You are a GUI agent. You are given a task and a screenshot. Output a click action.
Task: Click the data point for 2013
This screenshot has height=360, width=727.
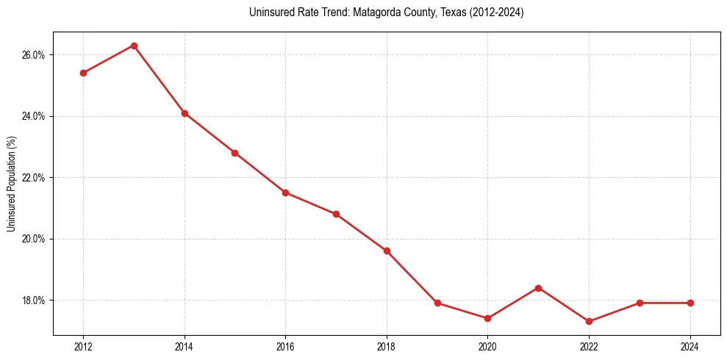coord(134,46)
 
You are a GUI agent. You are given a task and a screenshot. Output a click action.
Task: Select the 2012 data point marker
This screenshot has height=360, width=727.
coord(83,73)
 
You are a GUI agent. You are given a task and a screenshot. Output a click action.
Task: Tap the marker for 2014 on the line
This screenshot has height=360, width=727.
coord(185,113)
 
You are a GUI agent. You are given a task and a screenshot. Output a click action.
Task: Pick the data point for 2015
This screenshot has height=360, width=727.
coord(234,153)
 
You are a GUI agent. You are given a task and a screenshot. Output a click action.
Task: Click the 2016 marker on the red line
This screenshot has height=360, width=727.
coord(285,192)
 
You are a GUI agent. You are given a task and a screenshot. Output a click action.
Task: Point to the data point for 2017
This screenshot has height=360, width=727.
coord(336,214)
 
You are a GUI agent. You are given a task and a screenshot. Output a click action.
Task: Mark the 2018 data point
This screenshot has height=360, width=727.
coord(387,251)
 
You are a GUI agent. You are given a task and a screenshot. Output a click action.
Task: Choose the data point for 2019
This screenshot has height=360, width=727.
coord(437,303)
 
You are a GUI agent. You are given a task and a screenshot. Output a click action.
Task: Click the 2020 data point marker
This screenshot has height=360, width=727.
coord(487,318)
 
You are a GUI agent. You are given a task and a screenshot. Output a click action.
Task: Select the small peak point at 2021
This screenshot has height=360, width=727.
coord(538,288)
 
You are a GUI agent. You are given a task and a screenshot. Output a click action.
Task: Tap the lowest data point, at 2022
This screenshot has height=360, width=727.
coord(589,321)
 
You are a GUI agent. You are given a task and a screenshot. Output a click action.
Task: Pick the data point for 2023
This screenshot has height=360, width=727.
coord(640,303)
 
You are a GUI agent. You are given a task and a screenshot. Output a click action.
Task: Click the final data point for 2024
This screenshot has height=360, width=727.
coord(690,303)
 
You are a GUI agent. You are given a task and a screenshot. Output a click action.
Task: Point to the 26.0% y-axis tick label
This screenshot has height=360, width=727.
coord(35,55)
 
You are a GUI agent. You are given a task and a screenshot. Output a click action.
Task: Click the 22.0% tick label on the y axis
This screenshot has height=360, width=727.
coord(35,178)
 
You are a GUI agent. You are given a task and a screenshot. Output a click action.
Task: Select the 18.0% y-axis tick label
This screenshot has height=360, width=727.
coord(35,300)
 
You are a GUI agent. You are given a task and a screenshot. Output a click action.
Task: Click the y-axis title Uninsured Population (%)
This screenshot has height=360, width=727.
coord(11,184)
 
